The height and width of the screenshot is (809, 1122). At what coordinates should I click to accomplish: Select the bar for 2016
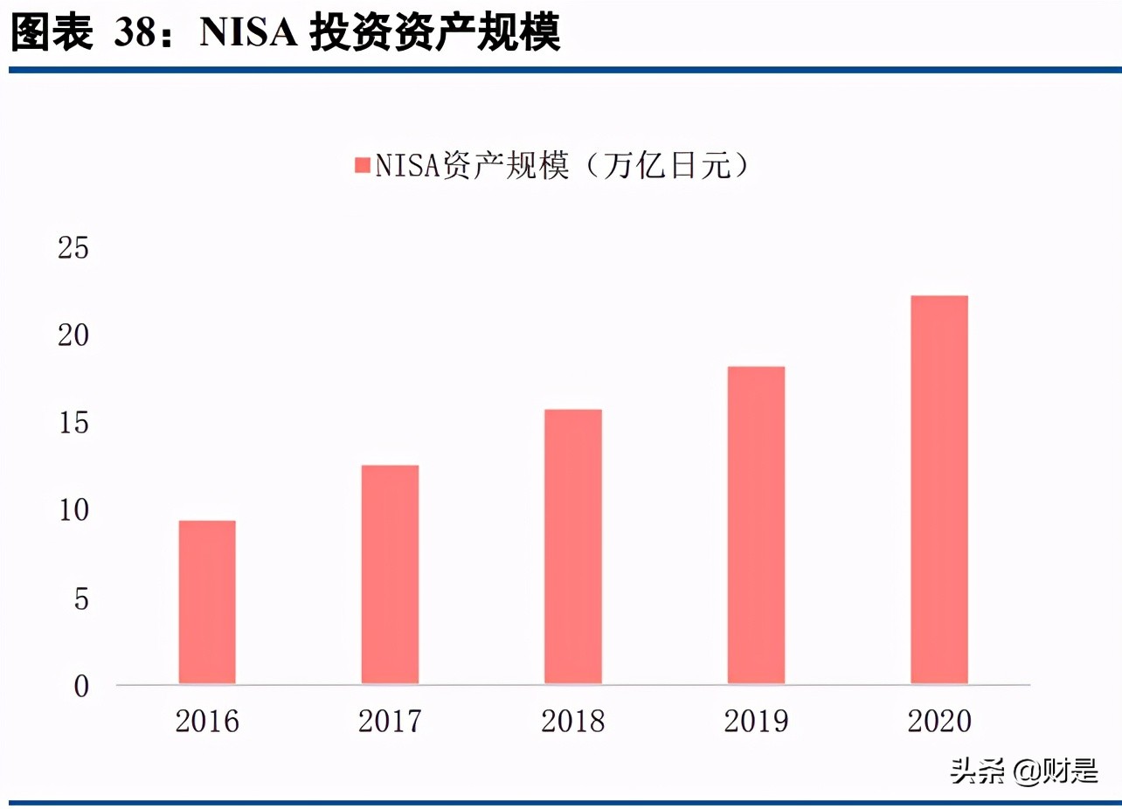pyautogui.click(x=207, y=602)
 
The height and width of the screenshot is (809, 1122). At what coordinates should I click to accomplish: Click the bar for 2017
pyautogui.click(x=390, y=574)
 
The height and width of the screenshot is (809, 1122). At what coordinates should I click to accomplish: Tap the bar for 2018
pyautogui.click(x=573, y=546)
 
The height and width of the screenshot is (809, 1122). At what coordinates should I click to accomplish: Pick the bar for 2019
pyautogui.click(x=756, y=525)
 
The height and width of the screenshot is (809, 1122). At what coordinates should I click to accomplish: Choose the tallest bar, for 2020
pyautogui.click(x=939, y=489)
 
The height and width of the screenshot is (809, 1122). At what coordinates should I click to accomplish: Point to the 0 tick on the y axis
pyautogui.click(x=80, y=687)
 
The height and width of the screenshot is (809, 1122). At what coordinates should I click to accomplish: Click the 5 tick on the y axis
pyautogui.click(x=80, y=599)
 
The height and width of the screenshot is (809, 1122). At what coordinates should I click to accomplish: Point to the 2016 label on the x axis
pyautogui.click(x=207, y=722)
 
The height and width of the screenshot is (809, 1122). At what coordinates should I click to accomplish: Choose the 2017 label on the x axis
pyautogui.click(x=390, y=722)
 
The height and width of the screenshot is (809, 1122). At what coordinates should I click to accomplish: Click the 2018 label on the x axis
pyautogui.click(x=573, y=722)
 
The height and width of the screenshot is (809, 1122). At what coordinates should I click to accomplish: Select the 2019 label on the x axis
pyautogui.click(x=756, y=722)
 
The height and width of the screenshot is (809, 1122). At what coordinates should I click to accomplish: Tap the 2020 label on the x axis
pyautogui.click(x=939, y=722)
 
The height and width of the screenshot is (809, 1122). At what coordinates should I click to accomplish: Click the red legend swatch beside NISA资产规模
pyautogui.click(x=362, y=166)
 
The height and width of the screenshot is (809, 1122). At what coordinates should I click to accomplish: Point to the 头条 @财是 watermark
pyautogui.click(x=1024, y=771)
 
